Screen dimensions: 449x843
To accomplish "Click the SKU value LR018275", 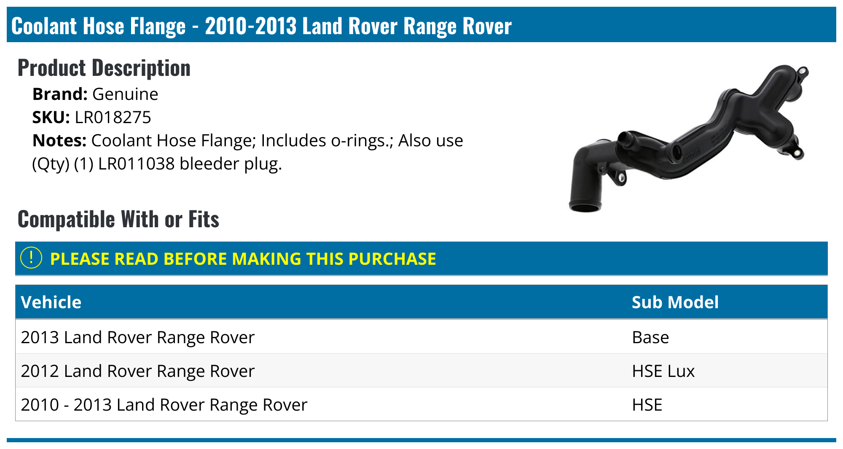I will (x=113, y=117).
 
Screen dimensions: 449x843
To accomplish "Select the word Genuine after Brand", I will (x=125, y=94).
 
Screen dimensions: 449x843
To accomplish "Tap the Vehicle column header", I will (x=51, y=302).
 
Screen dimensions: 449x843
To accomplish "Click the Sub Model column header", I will (x=675, y=302).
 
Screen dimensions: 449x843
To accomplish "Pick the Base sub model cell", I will (x=650, y=337).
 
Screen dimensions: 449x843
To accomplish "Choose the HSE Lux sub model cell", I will (x=663, y=371).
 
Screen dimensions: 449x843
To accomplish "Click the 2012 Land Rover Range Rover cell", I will (x=137, y=371).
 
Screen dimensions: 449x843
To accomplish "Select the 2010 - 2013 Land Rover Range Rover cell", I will (x=164, y=405).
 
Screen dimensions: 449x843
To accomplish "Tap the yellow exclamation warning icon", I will (x=31, y=258).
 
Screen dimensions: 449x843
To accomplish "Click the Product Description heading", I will (x=104, y=68).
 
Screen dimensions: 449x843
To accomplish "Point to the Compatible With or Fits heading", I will (x=118, y=219).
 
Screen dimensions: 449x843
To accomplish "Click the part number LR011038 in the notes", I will (x=136, y=164).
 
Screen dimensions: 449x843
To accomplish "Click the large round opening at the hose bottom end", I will (x=585, y=207).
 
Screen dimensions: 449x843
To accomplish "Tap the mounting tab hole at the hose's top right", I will (x=802, y=71).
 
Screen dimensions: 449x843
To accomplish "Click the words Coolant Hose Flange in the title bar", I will (x=98, y=26).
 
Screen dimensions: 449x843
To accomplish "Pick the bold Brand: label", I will (x=59, y=94).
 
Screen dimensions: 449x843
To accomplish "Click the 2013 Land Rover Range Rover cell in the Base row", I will (x=137, y=337).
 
